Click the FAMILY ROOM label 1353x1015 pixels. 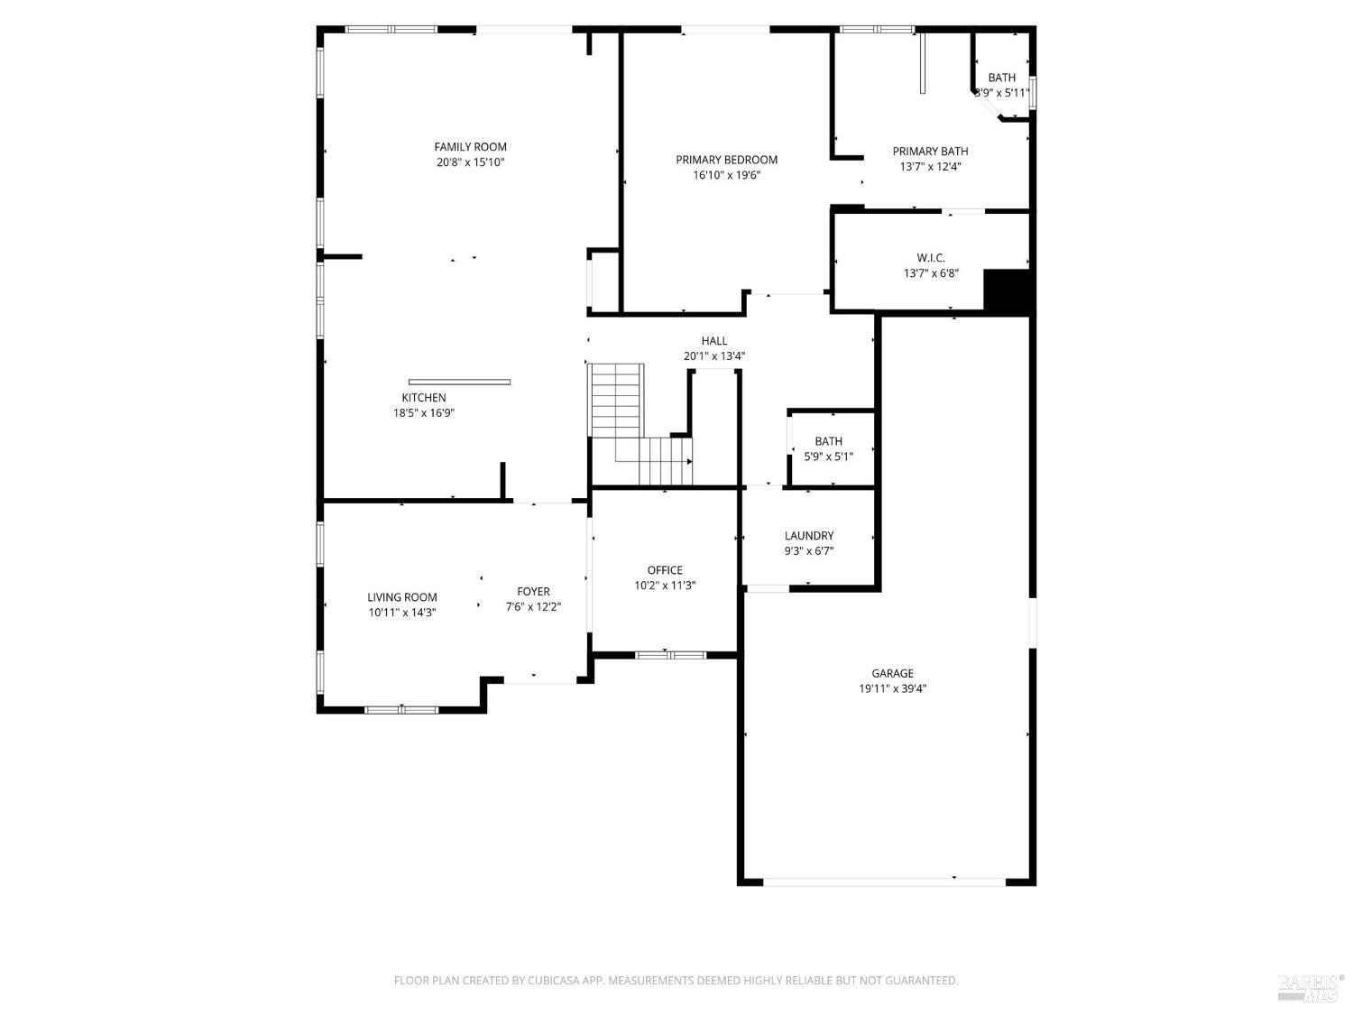click(470, 147)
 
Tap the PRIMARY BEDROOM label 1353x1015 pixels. click(726, 160)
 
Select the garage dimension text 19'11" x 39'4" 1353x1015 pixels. click(892, 688)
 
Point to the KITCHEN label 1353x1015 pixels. click(424, 398)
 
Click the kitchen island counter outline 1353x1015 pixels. click(459, 382)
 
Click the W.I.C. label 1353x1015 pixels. click(931, 258)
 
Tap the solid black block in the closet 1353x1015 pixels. click(1006, 291)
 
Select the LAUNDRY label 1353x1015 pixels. click(809, 536)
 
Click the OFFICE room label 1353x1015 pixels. click(665, 570)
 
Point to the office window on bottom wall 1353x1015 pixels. click(670, 655)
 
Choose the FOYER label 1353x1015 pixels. click(533, 592)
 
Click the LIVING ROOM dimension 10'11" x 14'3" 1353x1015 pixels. click(402, 613)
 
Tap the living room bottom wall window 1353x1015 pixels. click(401, 710)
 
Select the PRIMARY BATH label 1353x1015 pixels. click(930, 152)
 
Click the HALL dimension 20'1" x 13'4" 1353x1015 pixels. click(713, 356)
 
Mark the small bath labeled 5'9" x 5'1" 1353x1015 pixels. click(828, 448)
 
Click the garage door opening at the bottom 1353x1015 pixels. click(884, 881)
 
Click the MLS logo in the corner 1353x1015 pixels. click(1311, 989)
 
